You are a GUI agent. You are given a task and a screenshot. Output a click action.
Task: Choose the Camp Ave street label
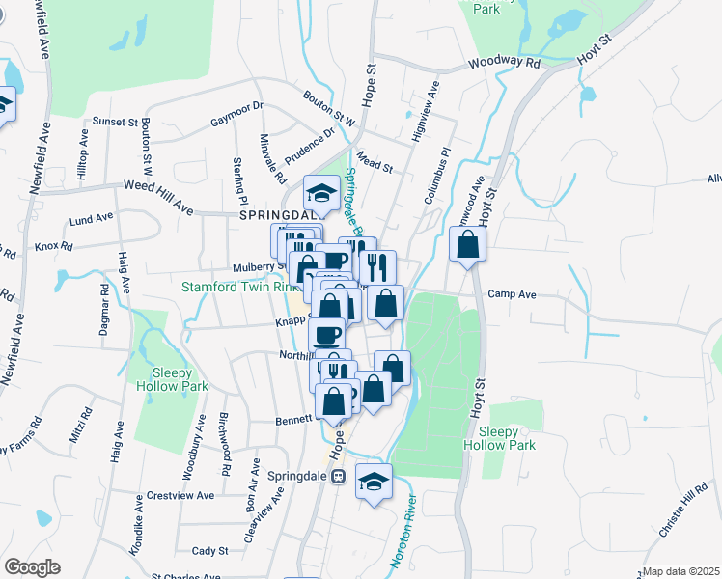(512, 294)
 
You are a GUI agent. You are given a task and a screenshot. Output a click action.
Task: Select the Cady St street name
(209, 551)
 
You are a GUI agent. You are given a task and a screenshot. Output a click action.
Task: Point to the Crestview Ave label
(180, 495)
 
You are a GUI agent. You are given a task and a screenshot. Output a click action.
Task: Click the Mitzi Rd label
(78, 425)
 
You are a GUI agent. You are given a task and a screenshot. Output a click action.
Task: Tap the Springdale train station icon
(338, 477)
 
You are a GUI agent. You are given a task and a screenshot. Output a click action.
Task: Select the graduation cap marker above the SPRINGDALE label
(322, 192)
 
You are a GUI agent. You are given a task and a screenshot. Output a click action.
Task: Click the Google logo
(32, 567)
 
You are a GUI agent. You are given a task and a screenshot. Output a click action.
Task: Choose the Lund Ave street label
(91, 219)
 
